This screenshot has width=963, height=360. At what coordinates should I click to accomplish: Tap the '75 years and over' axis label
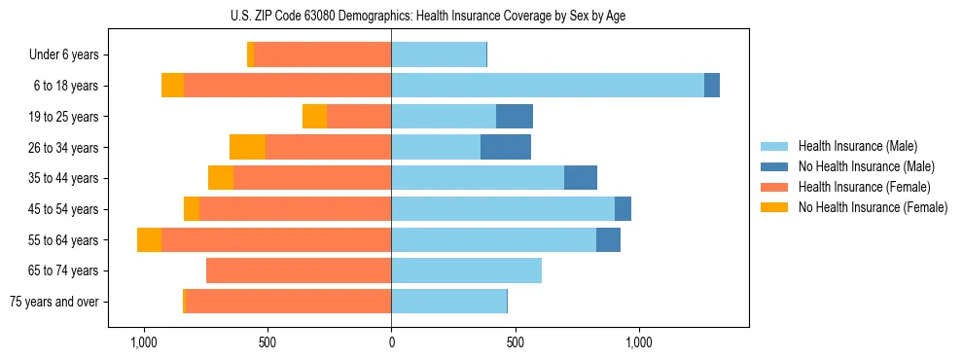pos(54,302)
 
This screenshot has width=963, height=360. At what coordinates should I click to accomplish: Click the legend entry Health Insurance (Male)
pos(857,146)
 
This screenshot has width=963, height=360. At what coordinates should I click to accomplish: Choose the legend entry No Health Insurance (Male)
pos(866,166)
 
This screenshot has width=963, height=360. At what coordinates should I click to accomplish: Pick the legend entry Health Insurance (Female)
pos(864,187)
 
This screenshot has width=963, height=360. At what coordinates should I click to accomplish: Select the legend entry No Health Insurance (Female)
pos(872,207)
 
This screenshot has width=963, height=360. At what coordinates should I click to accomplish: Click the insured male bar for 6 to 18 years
pos(548,86)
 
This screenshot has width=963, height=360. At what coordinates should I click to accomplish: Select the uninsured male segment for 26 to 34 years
pos(506,148)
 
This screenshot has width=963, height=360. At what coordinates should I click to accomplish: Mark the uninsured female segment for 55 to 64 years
pos(149,240)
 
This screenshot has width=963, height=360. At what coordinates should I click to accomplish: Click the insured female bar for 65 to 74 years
pos(299,270)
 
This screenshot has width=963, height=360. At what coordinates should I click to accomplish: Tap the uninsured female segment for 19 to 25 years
pos(314,117)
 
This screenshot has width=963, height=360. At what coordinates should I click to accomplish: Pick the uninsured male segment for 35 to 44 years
pos(581,178)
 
